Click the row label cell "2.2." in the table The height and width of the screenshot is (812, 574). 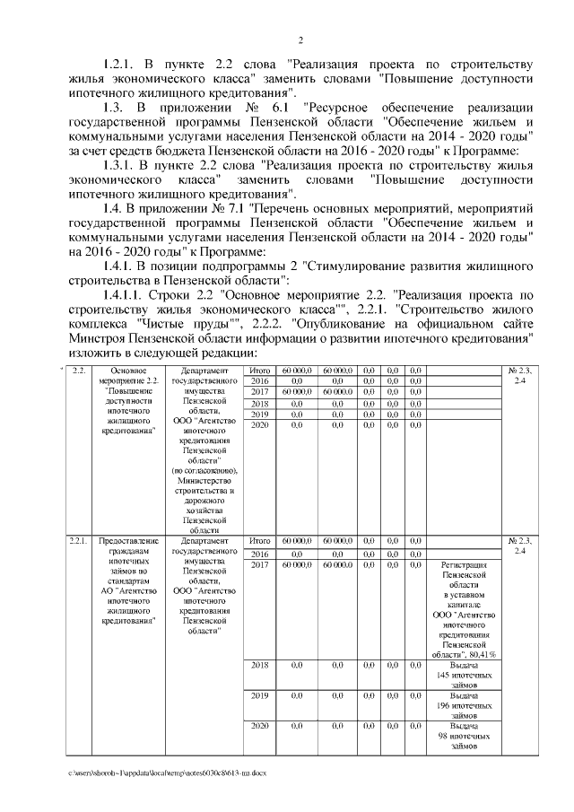pyautogui.click(x=78, y=371)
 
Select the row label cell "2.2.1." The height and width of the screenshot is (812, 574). pyautogui.click(x=79, y=541)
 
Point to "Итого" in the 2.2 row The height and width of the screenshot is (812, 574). pyautogui.click(x=260, y=371)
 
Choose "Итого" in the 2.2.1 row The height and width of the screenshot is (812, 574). pyautogui.click(x=260, y=541)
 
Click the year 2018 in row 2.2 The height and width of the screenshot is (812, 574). pyautogui.click(x=260, y=404)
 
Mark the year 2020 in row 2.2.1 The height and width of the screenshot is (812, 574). pyautogui.click(x=260, y=725)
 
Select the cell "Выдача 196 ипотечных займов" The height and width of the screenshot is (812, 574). pyautogui.click(x=464, y=704)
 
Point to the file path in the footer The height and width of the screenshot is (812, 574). pyautogui.click(x=166, y=772)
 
